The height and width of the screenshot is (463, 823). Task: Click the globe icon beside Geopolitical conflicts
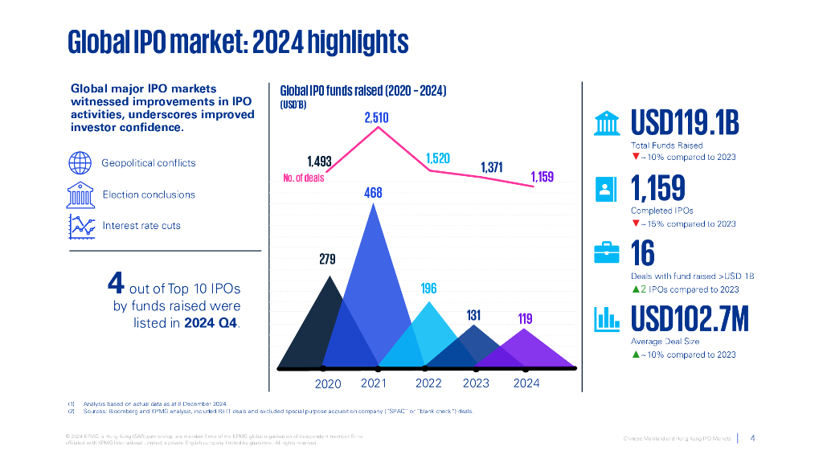point(80,162)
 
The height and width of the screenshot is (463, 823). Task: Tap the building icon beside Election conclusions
point(80,195)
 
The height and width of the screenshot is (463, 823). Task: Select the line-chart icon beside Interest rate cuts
point(80,225)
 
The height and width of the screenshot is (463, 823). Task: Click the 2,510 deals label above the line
point(376,118)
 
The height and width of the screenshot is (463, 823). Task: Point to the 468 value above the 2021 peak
point(373,193)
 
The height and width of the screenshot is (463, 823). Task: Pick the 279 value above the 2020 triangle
point(328,260)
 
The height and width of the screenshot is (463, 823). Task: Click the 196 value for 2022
point(429,288)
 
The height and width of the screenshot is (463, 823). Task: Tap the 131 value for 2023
point(473,316)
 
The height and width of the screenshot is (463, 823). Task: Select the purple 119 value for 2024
point(525,319)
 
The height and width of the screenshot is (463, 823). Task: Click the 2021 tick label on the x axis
point(374,383)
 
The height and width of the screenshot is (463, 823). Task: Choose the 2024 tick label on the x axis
point(526,383)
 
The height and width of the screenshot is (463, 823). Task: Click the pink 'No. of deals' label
point(304,178)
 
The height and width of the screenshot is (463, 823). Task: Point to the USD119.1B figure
point(684,124)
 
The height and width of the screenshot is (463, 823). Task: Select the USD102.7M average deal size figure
point(690,319)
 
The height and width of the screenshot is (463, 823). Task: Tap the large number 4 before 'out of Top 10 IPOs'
point(116,284)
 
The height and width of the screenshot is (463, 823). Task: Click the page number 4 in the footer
point(752,438)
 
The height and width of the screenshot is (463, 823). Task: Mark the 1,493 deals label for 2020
point(319,162)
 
